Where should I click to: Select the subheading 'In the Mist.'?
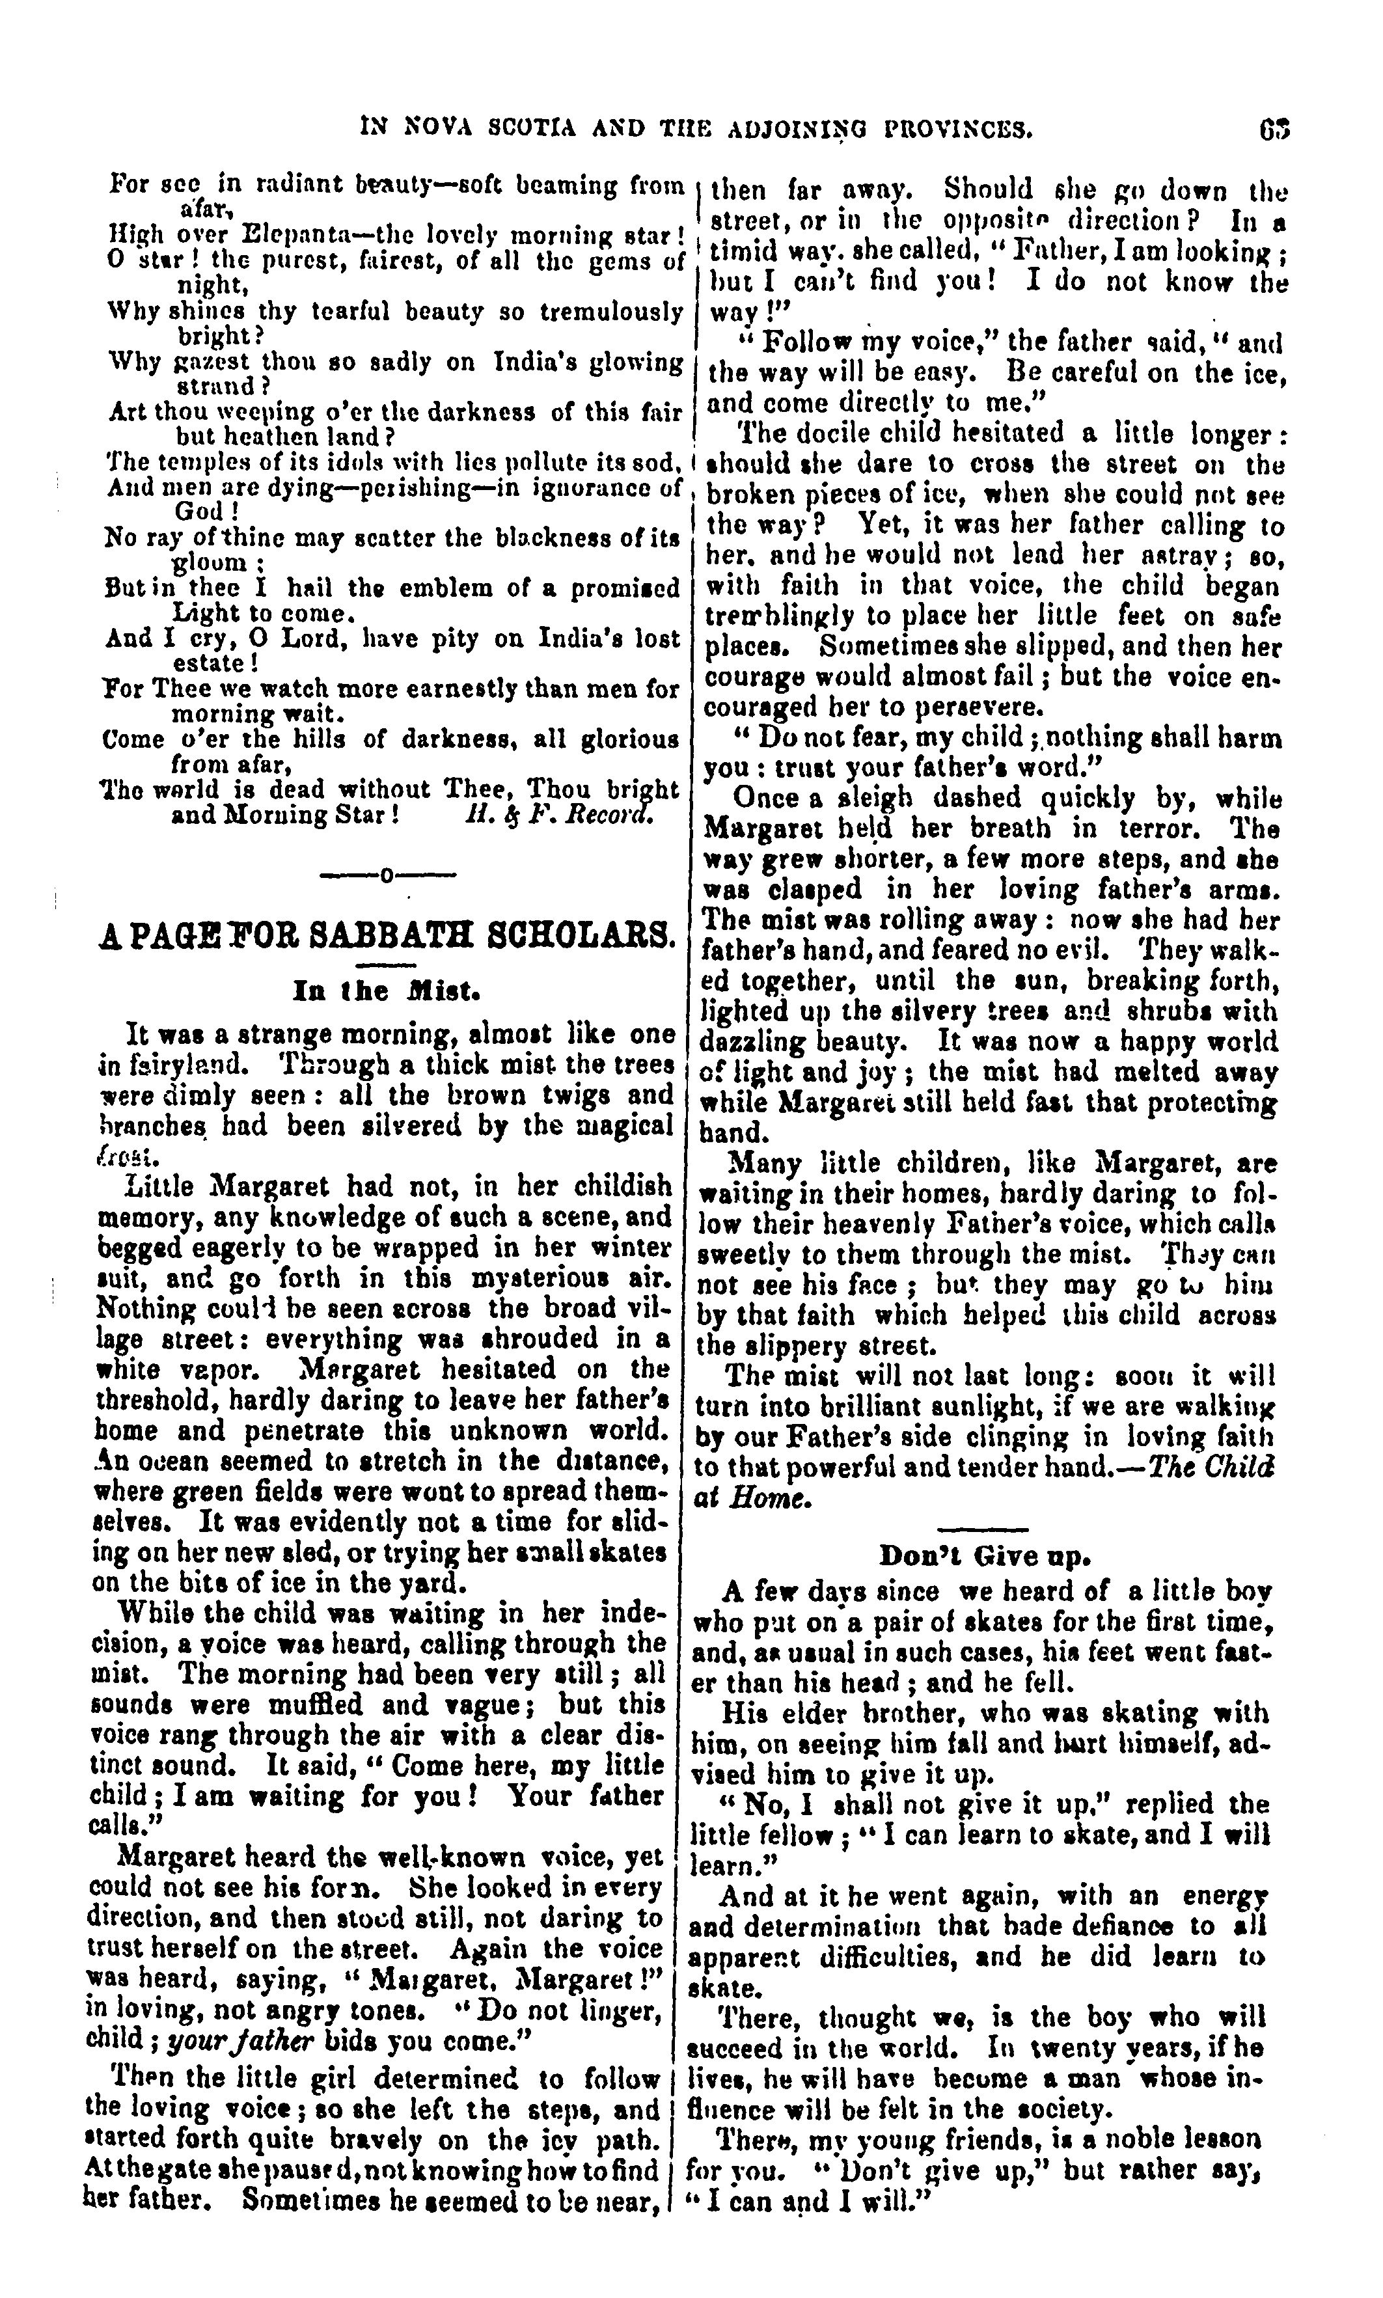387,990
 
